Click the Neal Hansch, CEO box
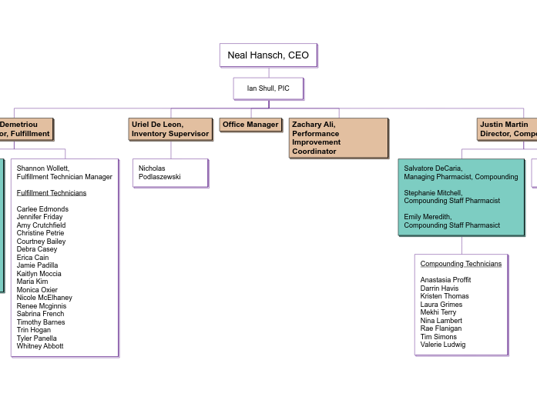[x=268, y=55]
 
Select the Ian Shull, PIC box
[x=268, y=88]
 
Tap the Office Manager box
[x=250, y=125]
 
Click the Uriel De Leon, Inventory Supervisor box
[x=170, y=129]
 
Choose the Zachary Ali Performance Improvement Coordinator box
[x=338, y=138]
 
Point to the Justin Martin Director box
[x=506, y=129]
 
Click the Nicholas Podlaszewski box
[x=170, y=173]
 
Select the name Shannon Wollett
[x=43, y=168]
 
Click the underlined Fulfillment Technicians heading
[x=52, y=193]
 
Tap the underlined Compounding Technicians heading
[x=461, y=264]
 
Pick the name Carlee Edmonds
[x=42, y=209]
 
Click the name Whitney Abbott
[x=40, y=346]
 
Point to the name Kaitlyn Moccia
[x=39, y=274]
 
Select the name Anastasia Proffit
[x=445, y=280]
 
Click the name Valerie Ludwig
[x=443, y=345]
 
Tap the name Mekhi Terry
[x=438, y=312]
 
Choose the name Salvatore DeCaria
[x=433, y=168]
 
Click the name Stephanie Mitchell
[x=433, y=193]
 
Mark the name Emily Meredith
[x=428, y=217]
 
